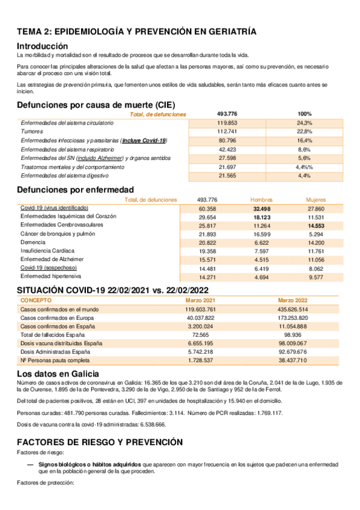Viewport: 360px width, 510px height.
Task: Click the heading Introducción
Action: (42, 46)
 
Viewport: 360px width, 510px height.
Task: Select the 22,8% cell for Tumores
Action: (304, 131)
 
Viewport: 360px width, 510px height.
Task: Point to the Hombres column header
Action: (261, 199)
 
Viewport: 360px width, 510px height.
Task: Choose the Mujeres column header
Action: (316, 199)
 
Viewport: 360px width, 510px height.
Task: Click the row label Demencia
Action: (32, 242)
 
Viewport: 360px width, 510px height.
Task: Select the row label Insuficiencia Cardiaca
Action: (47, 250)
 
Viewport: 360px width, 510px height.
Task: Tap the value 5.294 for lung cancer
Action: (316, 233)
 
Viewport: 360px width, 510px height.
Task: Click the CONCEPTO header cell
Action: (36, 300)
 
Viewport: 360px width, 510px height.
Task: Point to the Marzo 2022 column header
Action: (293, 300)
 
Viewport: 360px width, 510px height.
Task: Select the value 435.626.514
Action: (293, 309)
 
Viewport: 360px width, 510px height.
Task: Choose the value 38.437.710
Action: (293, 360)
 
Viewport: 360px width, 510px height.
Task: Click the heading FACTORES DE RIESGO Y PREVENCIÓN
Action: (99, 441)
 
